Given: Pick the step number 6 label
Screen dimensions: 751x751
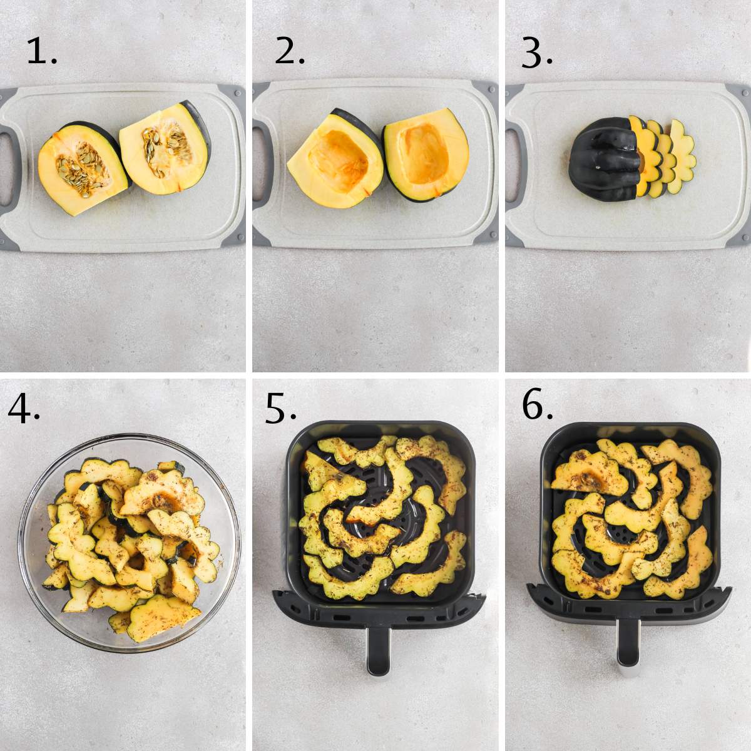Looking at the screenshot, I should [x=537, y=407].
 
